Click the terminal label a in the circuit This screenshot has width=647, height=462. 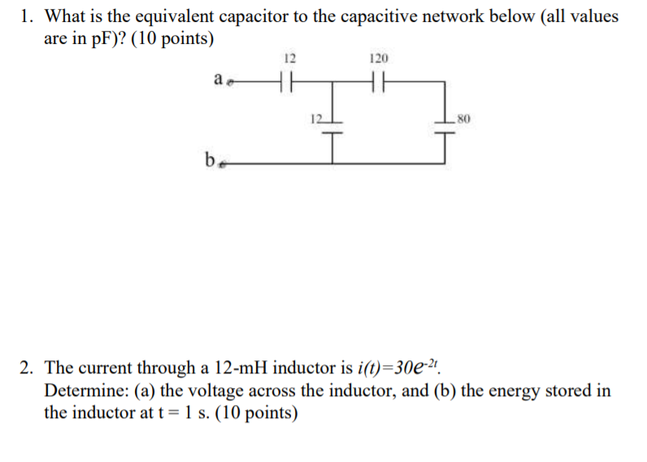217,79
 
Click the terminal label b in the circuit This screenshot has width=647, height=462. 209,159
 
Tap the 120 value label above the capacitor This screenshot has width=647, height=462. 379,59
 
